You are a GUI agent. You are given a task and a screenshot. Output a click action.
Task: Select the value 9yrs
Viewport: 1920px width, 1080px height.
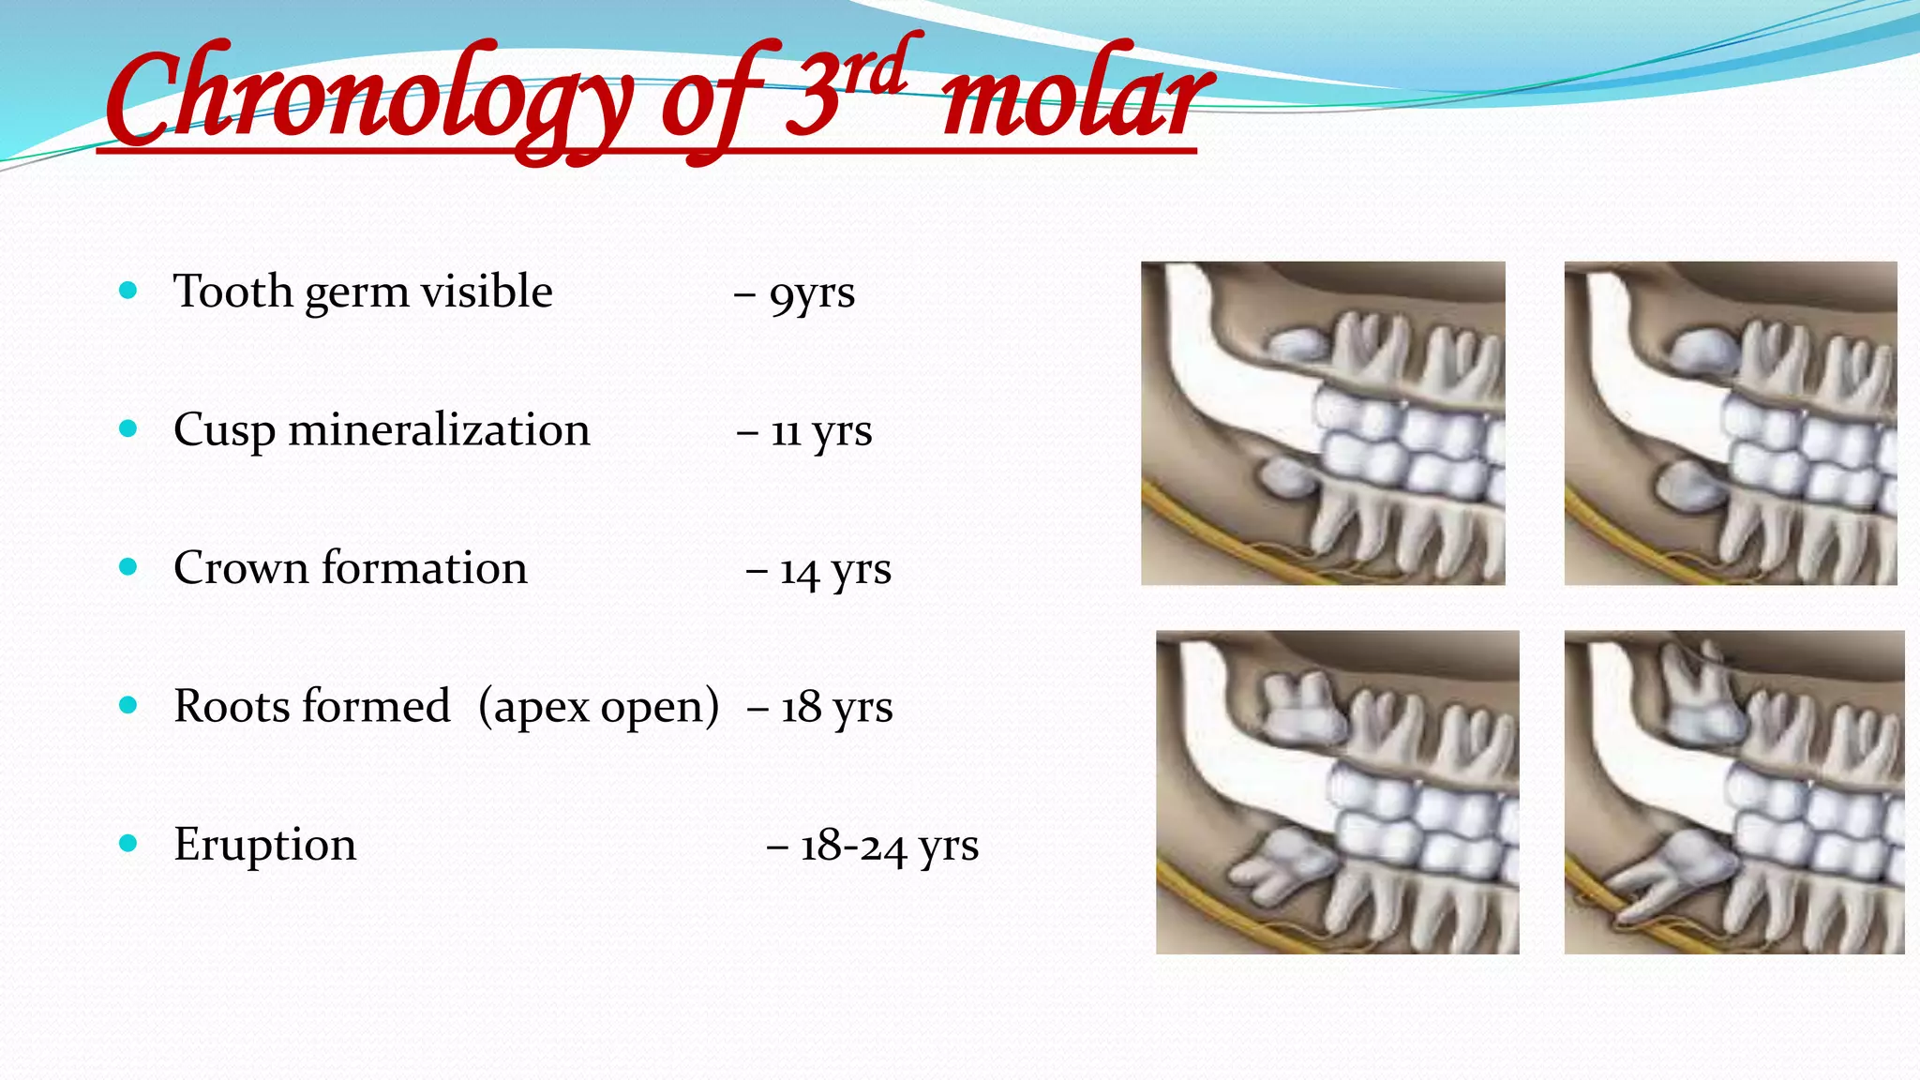(x=811, y=293)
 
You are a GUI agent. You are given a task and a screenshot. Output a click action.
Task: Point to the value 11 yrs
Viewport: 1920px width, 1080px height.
(x=820, y=431)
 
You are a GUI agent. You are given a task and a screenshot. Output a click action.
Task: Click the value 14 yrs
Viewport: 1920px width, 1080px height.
(x=834, y=570)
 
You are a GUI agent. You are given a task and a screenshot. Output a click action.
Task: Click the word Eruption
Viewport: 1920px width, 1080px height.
(x=264, y=844)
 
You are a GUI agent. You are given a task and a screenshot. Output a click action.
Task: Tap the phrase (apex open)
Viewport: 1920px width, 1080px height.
(x=598, y=707)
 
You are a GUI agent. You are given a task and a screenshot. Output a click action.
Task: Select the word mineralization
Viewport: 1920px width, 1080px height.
(x=439, y=430)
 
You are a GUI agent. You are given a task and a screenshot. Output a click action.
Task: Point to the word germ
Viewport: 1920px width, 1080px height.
(x=356, y=293)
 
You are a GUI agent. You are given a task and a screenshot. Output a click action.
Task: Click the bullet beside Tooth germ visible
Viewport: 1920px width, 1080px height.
(x=128, y=291)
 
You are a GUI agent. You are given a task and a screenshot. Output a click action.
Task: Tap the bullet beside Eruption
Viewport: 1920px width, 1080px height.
(x=128, y=843)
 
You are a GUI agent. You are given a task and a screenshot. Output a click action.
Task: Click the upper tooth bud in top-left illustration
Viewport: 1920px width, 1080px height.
(x=1297, y=344)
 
